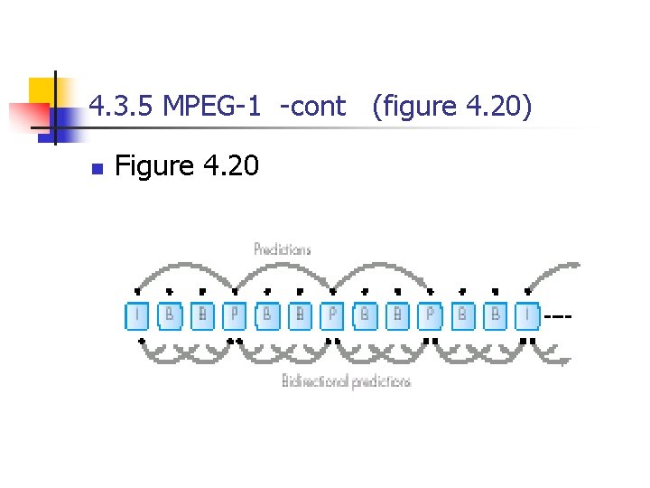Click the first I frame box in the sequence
137,315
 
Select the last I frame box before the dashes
528,315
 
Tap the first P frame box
235,315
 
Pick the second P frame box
332,315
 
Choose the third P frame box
431,315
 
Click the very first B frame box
170,315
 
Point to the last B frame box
495,315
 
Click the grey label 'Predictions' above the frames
282,249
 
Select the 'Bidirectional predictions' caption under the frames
346,381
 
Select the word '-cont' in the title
312,107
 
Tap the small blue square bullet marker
97,168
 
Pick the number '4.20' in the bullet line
230,166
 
